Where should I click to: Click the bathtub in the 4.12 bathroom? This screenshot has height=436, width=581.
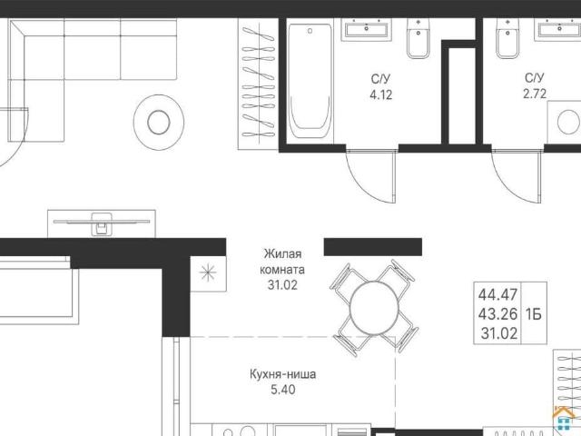click(x=310, y=81)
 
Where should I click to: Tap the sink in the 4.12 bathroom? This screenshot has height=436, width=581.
click(x=367, y=28)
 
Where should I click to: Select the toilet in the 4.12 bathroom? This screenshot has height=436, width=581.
click(x=418, y=38)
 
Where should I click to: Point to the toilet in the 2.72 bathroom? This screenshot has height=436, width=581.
click(x=507, y=38)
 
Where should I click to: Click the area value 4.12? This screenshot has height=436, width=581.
click(x=381, y=94)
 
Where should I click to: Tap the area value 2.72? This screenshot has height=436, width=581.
click(x=535, y=94)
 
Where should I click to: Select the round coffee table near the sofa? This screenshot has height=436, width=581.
click(x=159, y=122)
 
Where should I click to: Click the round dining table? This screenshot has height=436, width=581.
click(x=374, y=307)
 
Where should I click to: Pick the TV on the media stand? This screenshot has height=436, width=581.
click(x=102, y=223)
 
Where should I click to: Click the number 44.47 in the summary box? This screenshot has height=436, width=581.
click(x=497, y=295)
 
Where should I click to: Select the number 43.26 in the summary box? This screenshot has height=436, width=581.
click(x=497, y=314)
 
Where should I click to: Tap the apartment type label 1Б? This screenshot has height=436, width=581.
click(x=534, y=314)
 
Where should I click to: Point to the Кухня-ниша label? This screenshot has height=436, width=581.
click(x=282, y=374)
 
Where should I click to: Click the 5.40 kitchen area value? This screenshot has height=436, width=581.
click(x=283, y=390)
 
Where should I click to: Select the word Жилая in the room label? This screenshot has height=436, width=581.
click(x=282, y=254)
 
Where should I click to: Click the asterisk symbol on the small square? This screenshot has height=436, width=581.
click(x=208, y=272)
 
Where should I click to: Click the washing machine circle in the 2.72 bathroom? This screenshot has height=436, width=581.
click(x=568, y=123)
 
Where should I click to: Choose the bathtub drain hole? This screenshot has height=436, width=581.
click(x=310, y=31)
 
